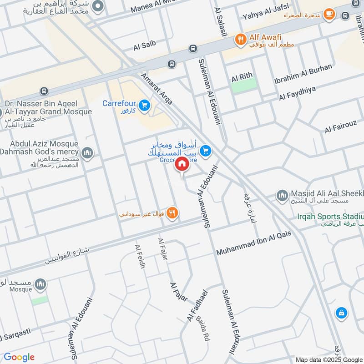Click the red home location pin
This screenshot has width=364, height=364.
[182, 164]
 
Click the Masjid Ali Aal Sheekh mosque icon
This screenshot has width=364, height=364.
[282, 196]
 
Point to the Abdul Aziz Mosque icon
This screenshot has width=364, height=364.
[87, 153]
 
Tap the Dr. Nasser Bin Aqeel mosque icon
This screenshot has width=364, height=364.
[1, 112]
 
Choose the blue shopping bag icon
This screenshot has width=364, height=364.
[340, 313]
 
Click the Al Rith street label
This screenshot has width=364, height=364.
[242, 78]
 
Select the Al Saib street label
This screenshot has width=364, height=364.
[145, 45]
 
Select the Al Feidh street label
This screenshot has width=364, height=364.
[140, 257]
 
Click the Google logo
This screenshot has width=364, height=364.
[19, 357]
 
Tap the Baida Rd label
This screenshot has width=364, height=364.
[202, 330]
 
